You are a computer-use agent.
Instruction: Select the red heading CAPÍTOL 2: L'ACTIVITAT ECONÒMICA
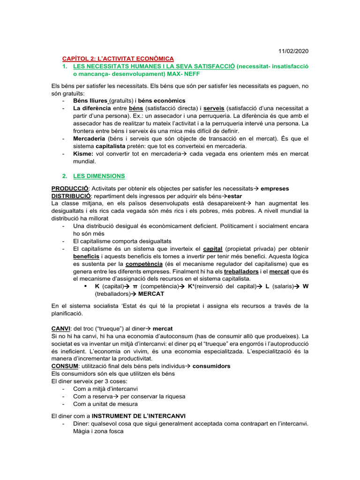[x=118, y=59]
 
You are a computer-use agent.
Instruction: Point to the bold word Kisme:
[x=83, y=154]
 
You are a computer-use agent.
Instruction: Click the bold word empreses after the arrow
[x=275, y=188]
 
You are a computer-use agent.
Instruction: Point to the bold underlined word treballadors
[x=241, y=272]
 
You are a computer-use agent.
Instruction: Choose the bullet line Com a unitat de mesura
[x=105, y=404]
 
